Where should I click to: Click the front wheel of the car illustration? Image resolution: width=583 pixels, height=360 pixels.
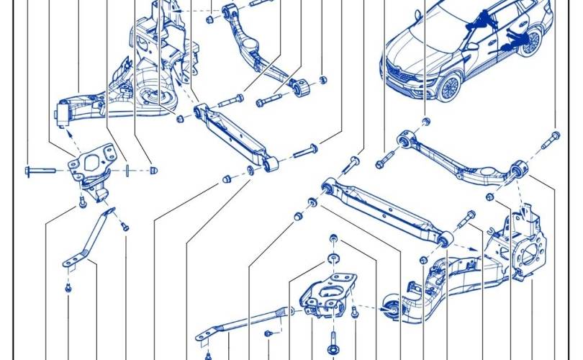[449, 87]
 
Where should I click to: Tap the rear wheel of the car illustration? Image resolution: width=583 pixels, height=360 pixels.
[531, 42]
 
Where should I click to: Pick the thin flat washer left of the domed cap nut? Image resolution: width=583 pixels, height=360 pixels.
[127, 170]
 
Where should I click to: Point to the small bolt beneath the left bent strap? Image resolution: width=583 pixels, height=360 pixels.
[68, 288]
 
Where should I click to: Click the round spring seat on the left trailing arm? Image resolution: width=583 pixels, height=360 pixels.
[153, 100]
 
